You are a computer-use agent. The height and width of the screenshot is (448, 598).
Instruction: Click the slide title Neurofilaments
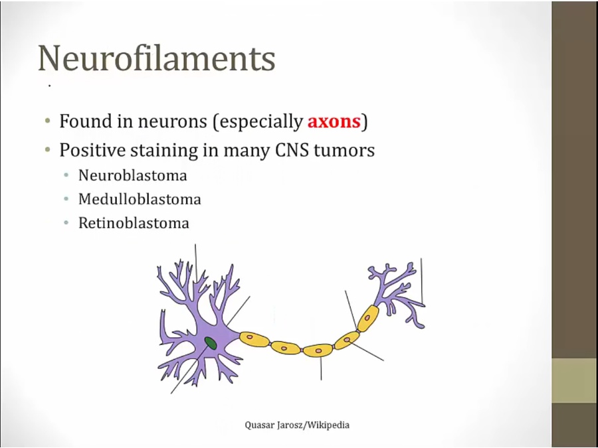coord(156,58)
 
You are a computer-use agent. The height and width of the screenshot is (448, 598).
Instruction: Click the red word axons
coord(334,121)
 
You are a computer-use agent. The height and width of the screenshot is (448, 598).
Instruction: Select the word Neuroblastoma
coord(133,175)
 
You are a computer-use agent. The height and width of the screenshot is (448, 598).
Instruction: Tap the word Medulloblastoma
coord(140,199)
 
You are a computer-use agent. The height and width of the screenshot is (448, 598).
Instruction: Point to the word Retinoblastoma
coord(134,223)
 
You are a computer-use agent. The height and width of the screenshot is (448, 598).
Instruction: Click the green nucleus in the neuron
coord(211,343)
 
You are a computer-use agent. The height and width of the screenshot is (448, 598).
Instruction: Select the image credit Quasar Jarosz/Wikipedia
coord(297,425)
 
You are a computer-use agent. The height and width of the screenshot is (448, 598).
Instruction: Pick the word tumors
coord(344,151)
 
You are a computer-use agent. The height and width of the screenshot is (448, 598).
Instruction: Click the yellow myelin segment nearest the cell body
coord(254,338)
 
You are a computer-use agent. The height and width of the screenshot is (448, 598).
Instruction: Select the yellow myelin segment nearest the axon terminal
coord(368,318)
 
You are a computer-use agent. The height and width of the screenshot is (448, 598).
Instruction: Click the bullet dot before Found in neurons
coord(47,121)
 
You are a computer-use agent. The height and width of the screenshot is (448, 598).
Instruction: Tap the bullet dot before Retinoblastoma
coord(66,223)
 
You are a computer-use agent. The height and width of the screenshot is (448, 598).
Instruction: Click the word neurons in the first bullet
coord(172,122)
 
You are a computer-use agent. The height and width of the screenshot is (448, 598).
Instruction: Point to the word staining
coord(164,151)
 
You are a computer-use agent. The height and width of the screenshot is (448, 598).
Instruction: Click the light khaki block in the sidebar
coord(575,380)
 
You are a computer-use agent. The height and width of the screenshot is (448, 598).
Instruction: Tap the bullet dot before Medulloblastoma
coord(66,199)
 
